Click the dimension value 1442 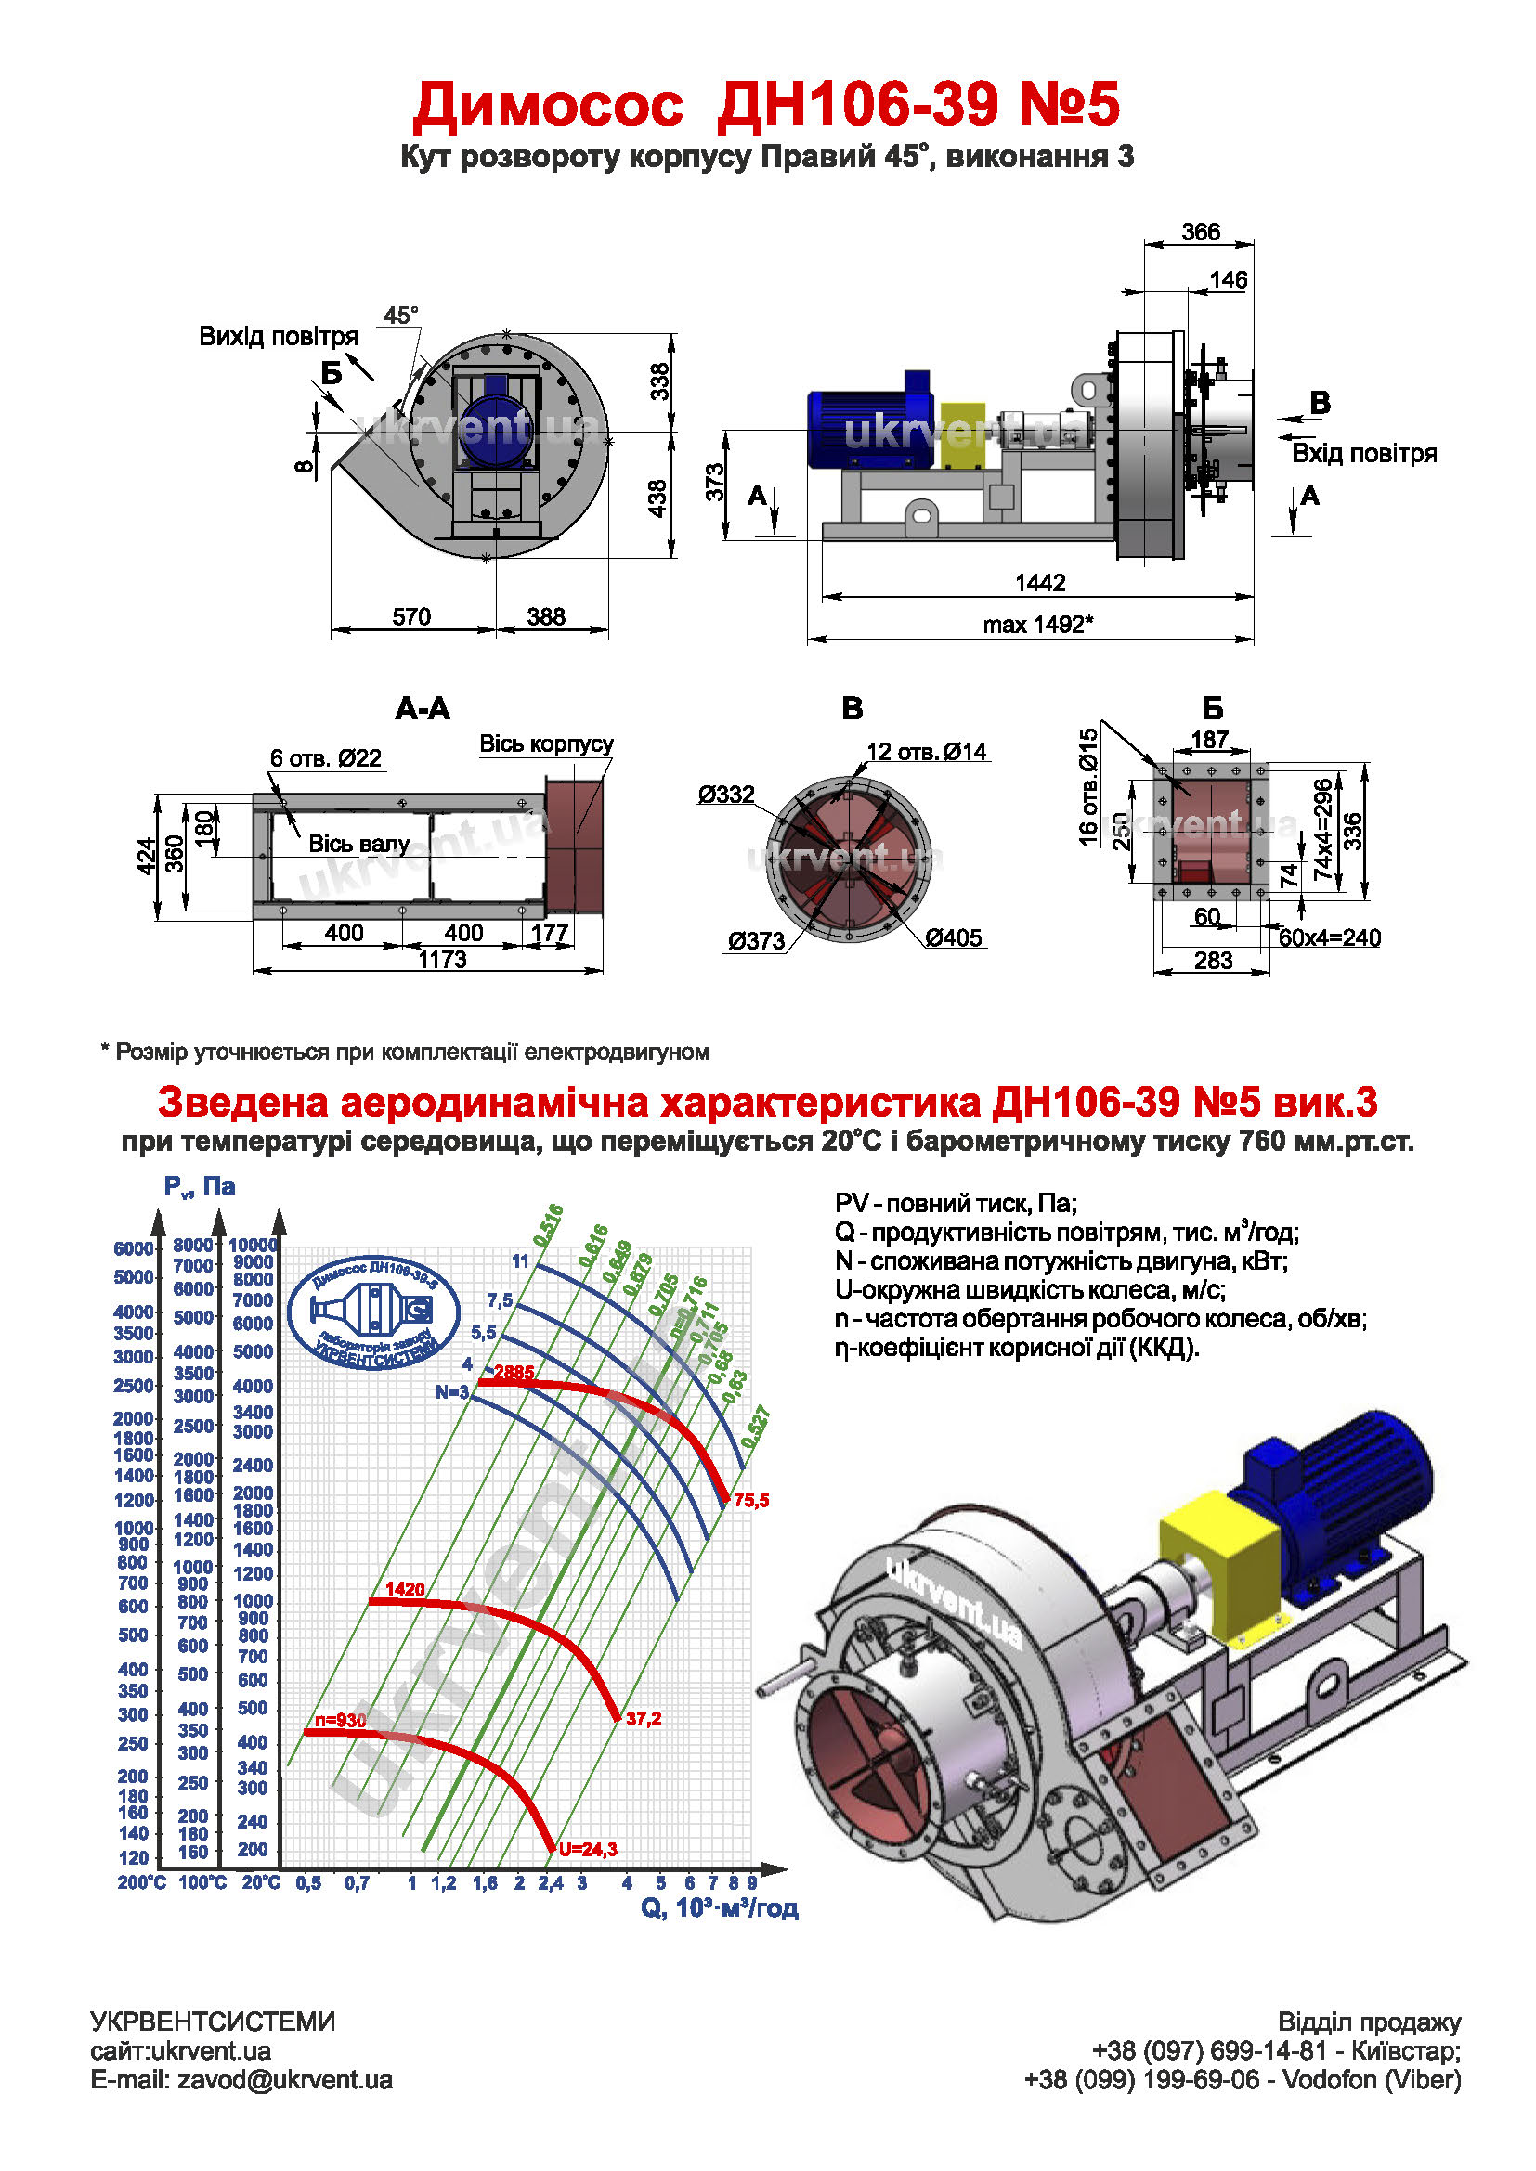pyautogui.click(x=1039, y=583)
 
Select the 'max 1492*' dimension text pyautogui.click(x=1037, y=625)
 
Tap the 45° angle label pyautogui.click(x=401, y=316)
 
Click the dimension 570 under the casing pyautogui.click(x=411, y=617)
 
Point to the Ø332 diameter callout pyautogui.click(x=726, y=795)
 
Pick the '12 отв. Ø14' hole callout pyautogui.click(x=927, y=752)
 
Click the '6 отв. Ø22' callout pyautogui.click(x=325, y=758)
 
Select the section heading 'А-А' pyautogui.click(x=422, y=708)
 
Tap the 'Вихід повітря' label pyautogui.click(x=278, y=337)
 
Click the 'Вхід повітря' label pyautogui.click(x=1364, y=454)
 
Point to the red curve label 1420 pyautogui.click(x=405, y=1589)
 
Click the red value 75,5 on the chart pyautogui.click(x=751, y=1501)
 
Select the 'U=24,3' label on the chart pyautogui.click(x=587, y=1850)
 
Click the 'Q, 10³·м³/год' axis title pyautogui.click(x=720, y=1908)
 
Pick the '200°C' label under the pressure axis pyautogui.click(x=141, y=1882)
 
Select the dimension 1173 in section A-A pyautogui.click(x=443, y=960)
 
